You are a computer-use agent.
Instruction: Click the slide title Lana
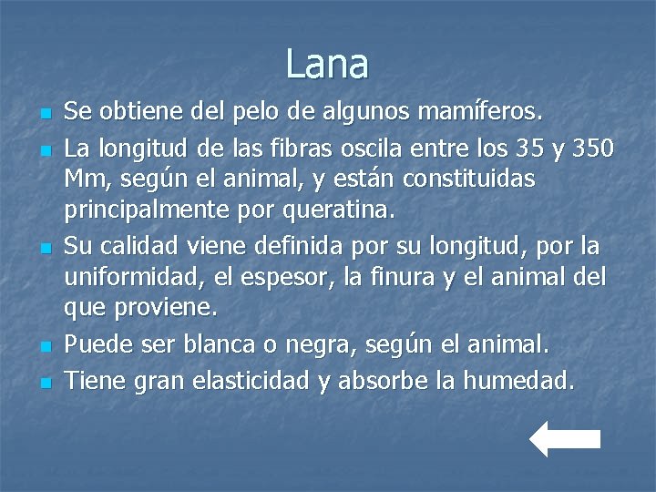327,64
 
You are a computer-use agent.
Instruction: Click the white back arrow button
564,438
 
